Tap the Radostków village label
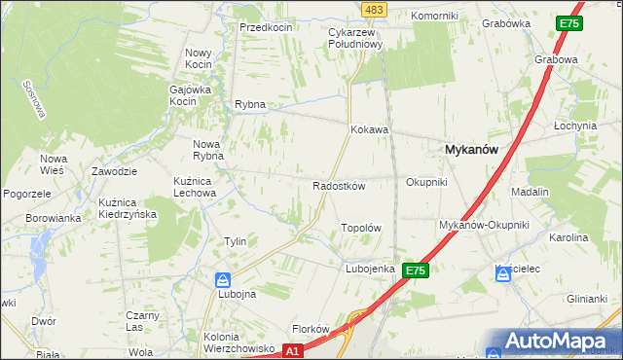coord(339,186)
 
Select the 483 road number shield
coord(373,9)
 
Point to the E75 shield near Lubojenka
coord(416,270)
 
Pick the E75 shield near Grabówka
coord(570,23)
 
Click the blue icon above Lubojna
coord(223,280)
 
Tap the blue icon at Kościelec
coord(503,275)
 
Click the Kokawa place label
coord(370,128)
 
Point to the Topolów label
coord(359,228)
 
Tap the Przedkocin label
coord(267,27)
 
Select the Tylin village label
coord(235,241)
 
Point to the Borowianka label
coord(53,218)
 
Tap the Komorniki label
coord(433,17)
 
